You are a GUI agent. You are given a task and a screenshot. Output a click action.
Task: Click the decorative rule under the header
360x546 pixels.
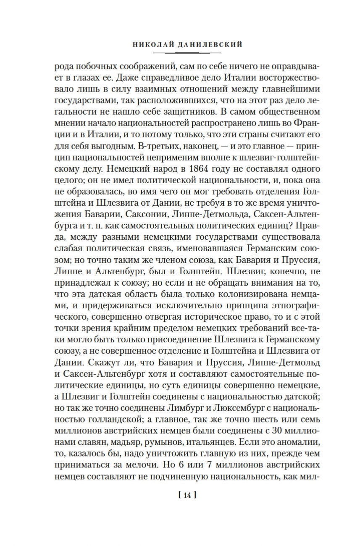(187, 52)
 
